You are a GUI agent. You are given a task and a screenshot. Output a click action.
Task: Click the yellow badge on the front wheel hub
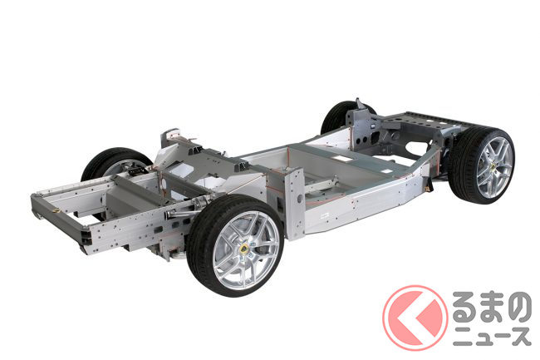point(244,249)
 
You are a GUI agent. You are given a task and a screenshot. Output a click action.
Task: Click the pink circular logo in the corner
point(415,318)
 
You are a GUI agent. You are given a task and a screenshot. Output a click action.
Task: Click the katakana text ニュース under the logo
point(492,337)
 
